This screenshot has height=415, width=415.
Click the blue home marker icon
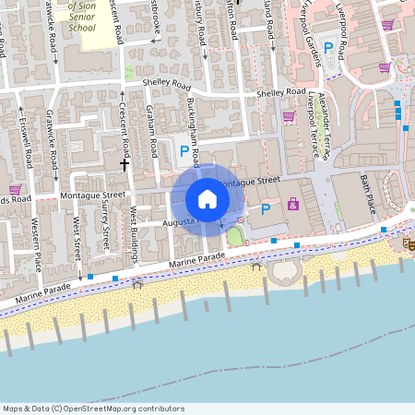207,198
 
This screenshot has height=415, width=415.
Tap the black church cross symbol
125,164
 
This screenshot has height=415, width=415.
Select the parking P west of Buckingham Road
184,149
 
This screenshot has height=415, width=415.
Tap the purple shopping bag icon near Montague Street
293,203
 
